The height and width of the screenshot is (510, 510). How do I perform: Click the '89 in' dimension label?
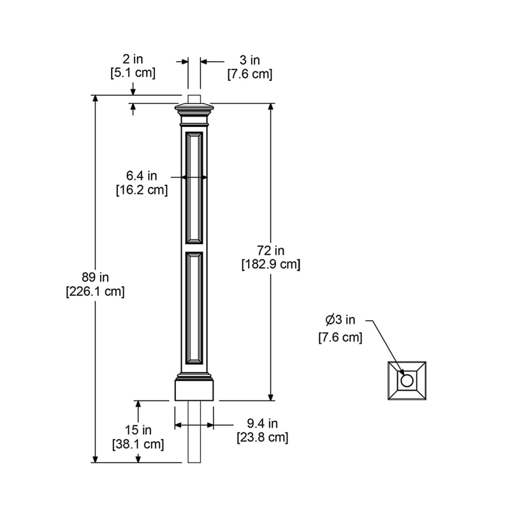(x=96, y=277)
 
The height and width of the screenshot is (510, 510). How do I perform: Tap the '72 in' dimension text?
(x=271, y=250)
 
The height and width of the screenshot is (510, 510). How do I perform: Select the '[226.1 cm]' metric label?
(x=96, y=291)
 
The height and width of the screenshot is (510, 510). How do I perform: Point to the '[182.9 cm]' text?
(x=271, y=264)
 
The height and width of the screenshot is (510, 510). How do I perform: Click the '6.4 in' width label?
(x=142, y=176)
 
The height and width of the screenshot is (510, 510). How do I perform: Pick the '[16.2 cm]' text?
(x=142, y=189)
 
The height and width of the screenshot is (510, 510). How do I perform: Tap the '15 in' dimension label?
(x=138, y=430)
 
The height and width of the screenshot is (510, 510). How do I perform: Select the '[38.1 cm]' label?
(x=138, y=444)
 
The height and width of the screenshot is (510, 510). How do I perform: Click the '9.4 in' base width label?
(x=262, y=423)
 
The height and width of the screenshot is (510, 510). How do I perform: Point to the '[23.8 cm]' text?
(x=262, y=437)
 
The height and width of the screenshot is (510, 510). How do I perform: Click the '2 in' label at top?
(x=133, y=59)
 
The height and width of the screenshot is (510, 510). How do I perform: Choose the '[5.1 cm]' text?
(x=133, y=73)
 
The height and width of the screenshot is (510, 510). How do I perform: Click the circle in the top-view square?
(x=406, y=381)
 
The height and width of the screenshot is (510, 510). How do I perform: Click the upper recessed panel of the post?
(x=194, y=187)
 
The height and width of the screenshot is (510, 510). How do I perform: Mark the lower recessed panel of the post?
(x=194, y=308)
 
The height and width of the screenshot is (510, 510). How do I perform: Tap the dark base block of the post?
(x=194, y=390)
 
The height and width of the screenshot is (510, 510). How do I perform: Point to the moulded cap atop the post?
(x=194, y=113)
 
